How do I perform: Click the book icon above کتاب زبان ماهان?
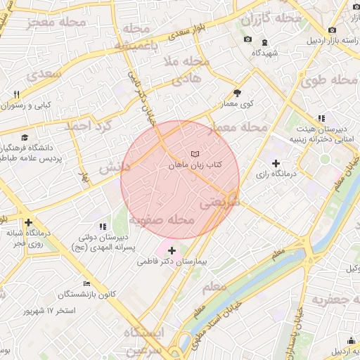coord(195,153)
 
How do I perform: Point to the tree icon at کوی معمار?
coord(237,93)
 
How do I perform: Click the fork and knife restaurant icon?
coord(15,94)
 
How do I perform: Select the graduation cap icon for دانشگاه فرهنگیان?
coord(25,138)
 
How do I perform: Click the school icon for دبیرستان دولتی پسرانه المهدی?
coord(103,226)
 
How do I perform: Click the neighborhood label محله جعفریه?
coord(331,301)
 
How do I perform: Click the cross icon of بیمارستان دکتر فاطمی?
coord(172,250)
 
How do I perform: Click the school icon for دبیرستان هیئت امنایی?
coord(321,118)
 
